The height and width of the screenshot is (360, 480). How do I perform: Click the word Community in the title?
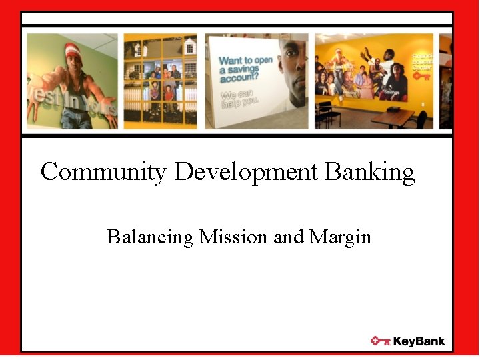pos(103,173)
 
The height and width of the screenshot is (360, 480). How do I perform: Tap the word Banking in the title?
pos(370,173)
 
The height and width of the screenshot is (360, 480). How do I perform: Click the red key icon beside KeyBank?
pos(380,341)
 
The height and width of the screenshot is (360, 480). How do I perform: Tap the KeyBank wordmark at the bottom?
pos(419,341)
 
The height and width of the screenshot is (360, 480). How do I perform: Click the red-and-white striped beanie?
pos(73,50)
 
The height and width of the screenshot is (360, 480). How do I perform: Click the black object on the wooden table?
pos(394,108)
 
